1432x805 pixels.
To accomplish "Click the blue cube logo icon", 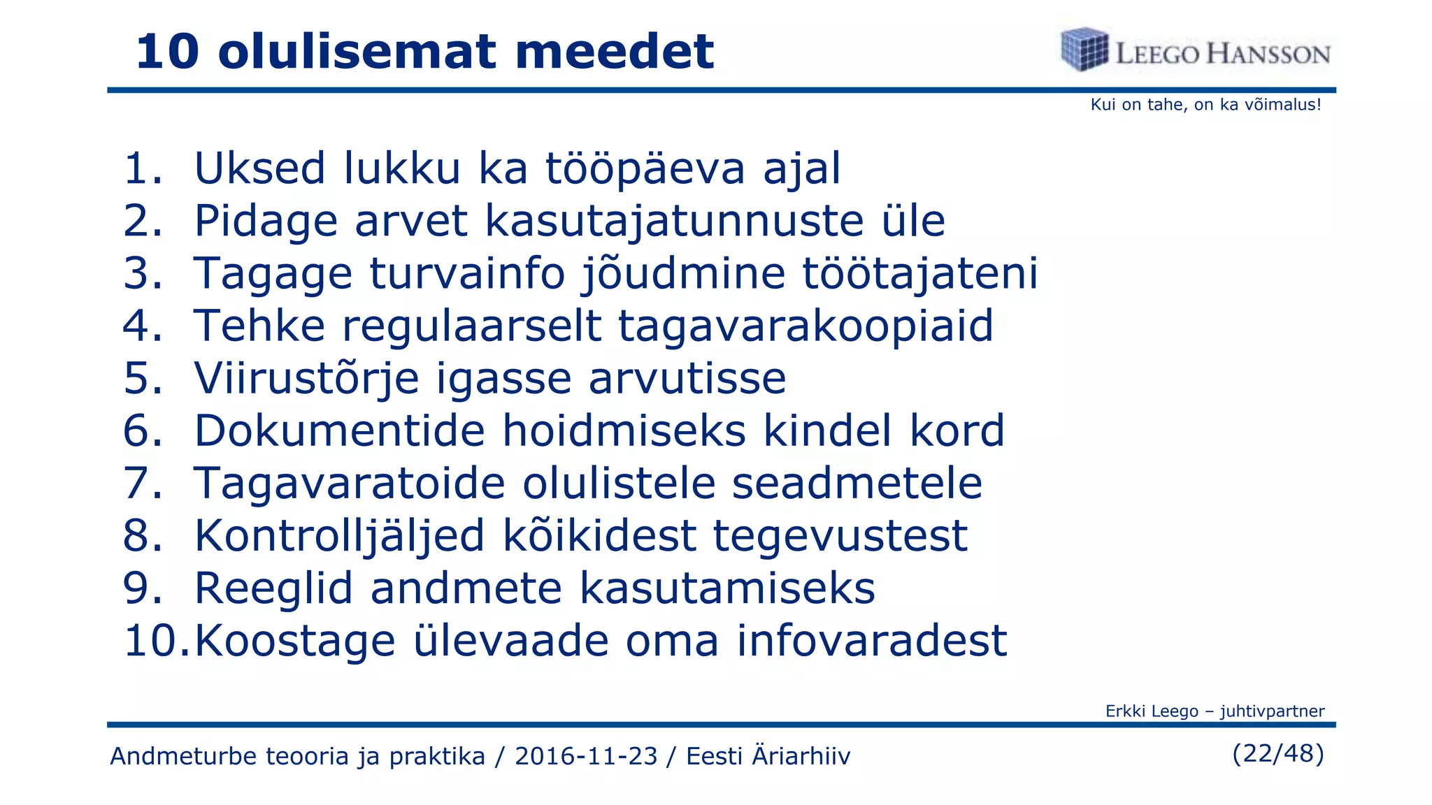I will (1084, 50).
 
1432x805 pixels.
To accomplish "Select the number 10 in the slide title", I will (167, 52).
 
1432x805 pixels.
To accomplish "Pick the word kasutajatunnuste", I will (675, 221).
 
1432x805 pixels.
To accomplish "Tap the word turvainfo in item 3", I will (467, 273).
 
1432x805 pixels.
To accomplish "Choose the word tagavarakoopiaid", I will (805, 326).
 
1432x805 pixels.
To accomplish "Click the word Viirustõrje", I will (306, 379).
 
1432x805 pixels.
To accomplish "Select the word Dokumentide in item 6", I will (339, 430).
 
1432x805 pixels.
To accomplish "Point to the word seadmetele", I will (857, 483).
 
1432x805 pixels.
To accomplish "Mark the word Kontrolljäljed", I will (339, 537).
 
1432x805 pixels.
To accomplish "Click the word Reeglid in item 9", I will (273, 588).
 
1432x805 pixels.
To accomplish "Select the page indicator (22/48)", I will (1278, 753).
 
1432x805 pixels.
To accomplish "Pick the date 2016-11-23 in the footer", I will (586, 756).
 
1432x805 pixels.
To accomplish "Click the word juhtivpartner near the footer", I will (1272, 711).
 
